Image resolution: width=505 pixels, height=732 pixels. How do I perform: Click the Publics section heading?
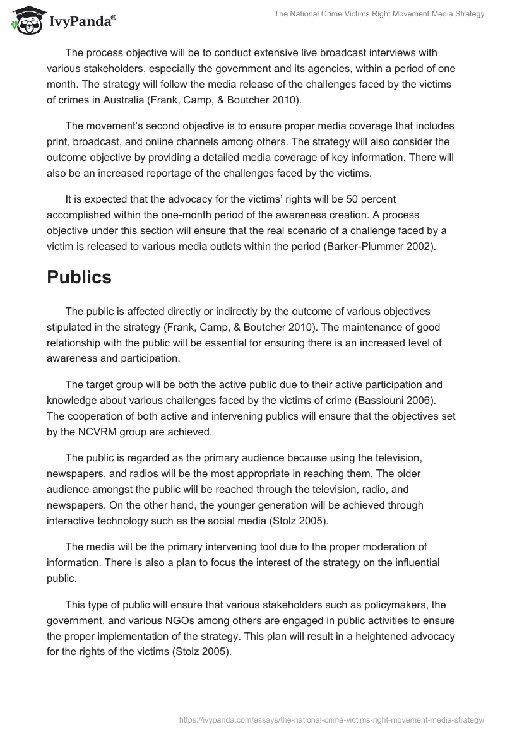click(79, 278)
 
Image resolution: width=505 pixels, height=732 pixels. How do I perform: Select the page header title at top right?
click(379, 14)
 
